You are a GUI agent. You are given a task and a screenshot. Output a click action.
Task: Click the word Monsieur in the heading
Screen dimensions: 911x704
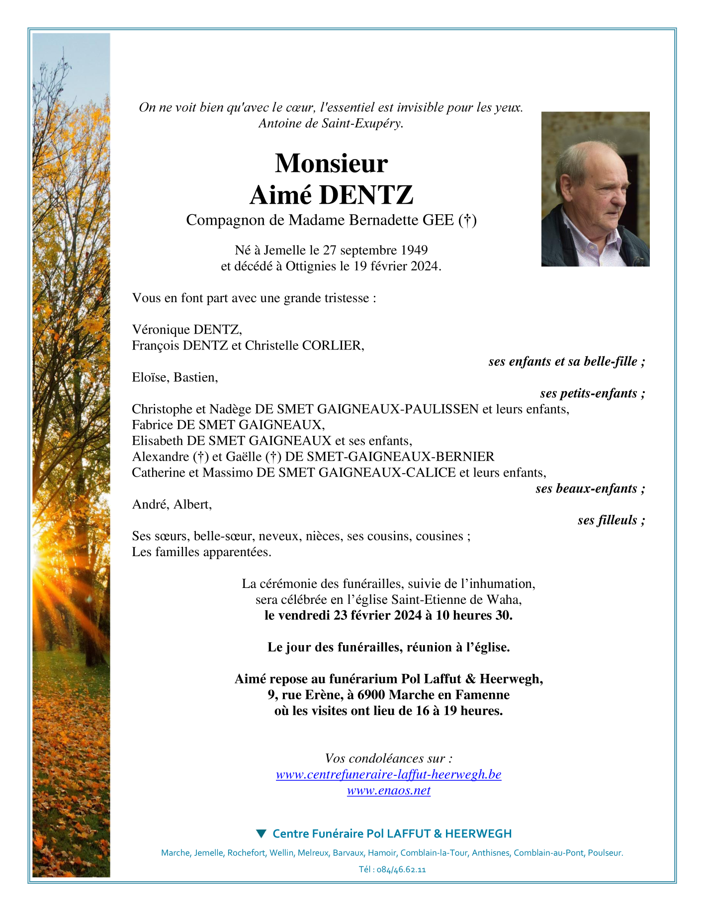331,164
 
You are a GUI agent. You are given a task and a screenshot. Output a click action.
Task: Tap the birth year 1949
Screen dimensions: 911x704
414,250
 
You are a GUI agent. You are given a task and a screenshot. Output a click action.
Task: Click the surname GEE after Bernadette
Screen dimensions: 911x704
438,220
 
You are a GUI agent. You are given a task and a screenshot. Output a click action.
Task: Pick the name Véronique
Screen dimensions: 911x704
161,330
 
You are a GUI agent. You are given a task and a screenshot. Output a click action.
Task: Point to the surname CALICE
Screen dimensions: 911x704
431,472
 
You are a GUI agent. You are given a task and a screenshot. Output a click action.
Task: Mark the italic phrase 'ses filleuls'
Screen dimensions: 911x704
607,520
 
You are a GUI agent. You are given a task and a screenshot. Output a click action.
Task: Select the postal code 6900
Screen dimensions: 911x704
371,695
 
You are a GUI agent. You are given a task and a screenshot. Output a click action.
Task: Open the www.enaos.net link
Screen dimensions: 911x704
388,790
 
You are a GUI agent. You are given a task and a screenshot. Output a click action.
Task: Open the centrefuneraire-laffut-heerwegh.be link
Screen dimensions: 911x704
388,774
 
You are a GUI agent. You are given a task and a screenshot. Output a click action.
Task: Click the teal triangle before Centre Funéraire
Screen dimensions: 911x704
261,833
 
